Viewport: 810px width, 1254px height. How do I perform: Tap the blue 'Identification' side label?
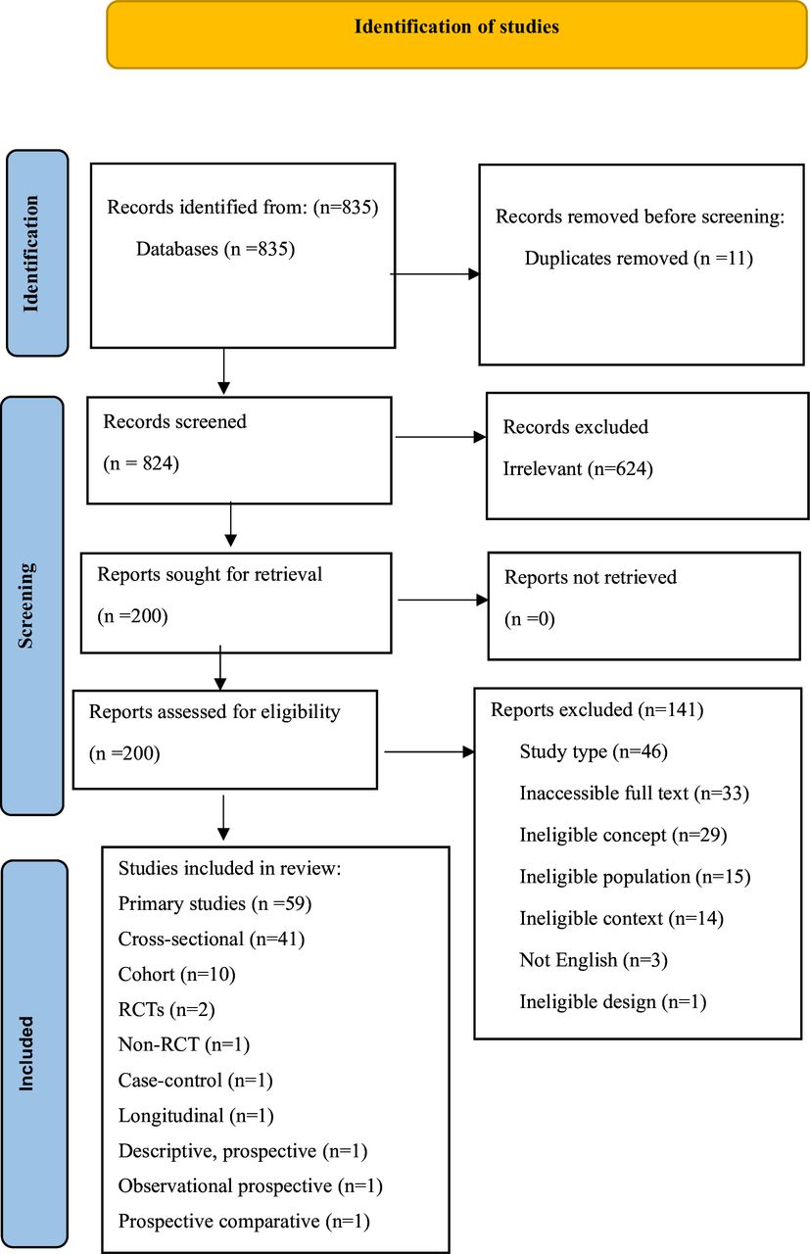point(37,253)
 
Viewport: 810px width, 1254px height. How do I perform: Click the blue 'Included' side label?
point(35,1054)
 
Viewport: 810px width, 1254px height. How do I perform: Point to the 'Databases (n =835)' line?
point(215,250)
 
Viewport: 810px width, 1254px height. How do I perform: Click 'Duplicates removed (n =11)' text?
point(638,259)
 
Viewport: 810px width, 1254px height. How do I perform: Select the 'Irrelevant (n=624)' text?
point(578,469)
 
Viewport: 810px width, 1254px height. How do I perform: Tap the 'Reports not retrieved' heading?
point(590,577)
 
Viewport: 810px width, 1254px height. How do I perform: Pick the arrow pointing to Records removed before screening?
point(435,274)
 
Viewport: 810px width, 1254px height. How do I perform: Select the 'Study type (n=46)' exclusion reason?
point(594,751)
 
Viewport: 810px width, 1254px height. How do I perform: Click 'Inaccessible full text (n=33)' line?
point(634,794)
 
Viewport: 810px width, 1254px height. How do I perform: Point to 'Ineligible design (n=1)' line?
point(612,1001)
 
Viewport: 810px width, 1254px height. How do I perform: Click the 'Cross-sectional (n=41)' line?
point(212,939)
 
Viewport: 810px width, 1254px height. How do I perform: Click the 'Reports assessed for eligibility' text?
point(214,712)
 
